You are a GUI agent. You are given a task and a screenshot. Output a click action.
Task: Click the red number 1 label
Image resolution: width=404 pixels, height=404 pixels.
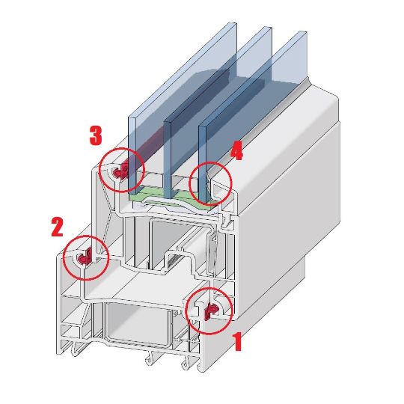tap(237, 341)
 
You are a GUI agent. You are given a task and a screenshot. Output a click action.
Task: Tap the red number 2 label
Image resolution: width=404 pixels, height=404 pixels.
tap(57, 227)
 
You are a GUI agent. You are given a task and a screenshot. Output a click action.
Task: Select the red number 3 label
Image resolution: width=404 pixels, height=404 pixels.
tap(96, 135)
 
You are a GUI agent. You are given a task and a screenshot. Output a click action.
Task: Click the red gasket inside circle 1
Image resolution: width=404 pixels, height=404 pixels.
tap(211, 310)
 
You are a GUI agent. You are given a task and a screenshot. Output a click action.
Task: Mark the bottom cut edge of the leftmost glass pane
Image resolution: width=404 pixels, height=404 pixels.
tap(132, 193)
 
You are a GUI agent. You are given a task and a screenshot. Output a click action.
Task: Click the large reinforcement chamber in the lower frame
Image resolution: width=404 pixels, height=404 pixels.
tap(137, 323)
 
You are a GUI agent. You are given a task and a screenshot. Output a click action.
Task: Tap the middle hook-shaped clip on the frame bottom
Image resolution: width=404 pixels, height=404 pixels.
tap(150, 358)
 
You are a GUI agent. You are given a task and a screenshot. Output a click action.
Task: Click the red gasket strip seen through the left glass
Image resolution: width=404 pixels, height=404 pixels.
tap(147, 146)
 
